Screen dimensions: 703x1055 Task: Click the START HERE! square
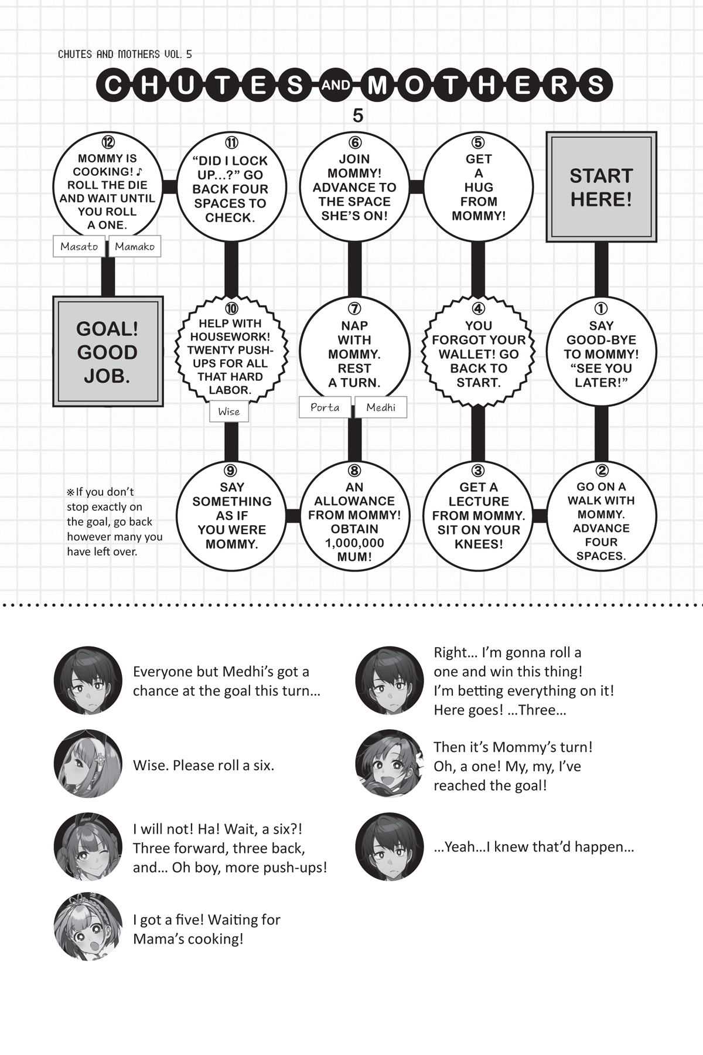click(x=601, y=187)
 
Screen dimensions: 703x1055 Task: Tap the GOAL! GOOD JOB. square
click(x=108, y=352)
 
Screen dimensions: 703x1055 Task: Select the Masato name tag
click(x=79, y=246)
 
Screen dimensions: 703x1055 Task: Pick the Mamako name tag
click(x=135, y=246)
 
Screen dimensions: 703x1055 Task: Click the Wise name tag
click(x=229, y=411)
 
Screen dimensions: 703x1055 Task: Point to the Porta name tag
click(x=325, y=407)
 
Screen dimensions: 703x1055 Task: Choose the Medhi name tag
click(x=381, y=407)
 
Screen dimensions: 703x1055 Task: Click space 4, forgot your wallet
click(x=478, y=352)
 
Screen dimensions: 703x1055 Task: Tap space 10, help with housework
click(x=231, y=352)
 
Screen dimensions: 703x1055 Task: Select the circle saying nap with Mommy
click(x=354, y=352)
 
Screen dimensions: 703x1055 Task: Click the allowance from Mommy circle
click(x=354, y=516)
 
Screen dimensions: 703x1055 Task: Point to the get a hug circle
click(x=478, y=187)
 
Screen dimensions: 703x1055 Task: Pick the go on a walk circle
click(x=601, y=516)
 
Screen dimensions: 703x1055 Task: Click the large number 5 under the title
click(x=358, y=116)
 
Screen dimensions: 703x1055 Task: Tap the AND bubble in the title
click(x=336, y=86)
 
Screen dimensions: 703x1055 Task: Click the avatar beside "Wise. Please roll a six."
click(x=88, y=764)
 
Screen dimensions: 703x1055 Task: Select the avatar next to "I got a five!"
click(x=88, y=927)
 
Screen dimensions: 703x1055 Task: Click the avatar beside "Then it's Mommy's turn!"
click(x=390, y=764)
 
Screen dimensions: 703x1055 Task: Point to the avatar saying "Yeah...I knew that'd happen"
click(x=390, y=846)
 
